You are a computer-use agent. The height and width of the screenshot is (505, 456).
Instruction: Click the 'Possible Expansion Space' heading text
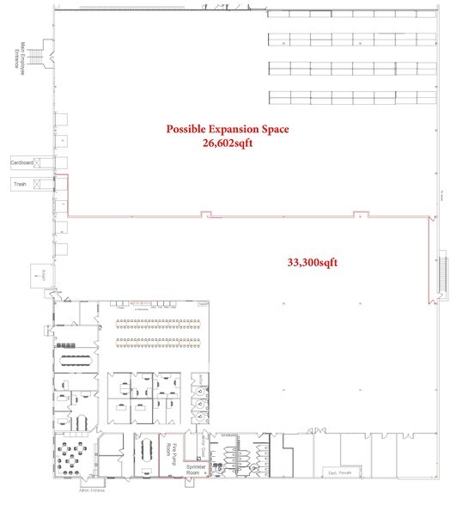pos(228,129)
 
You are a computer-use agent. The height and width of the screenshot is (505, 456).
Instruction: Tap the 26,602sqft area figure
pos(228,143)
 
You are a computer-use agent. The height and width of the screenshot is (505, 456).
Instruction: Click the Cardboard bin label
pos(21,161)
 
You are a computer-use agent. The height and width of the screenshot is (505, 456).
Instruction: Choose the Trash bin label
pos(20,183)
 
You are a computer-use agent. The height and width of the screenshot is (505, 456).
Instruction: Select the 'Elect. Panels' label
pos(344,472)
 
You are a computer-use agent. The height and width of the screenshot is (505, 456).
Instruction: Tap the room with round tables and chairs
pos(73,452)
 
